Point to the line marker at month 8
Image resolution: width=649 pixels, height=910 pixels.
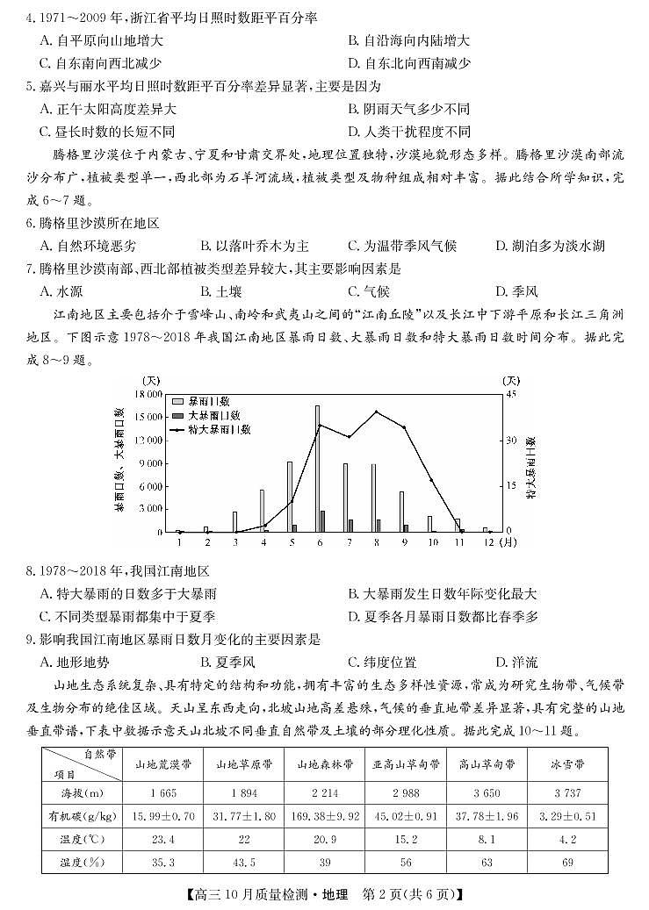pyautogui.click(x=377, y=412)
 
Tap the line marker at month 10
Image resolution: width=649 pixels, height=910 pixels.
pyautogui.click(x=432, y=481)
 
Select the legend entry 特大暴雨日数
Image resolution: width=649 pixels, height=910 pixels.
pyautogui.click(x=220, y=429)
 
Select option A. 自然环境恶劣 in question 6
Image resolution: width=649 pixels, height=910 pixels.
pyautogui.click(x=89, y=246)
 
